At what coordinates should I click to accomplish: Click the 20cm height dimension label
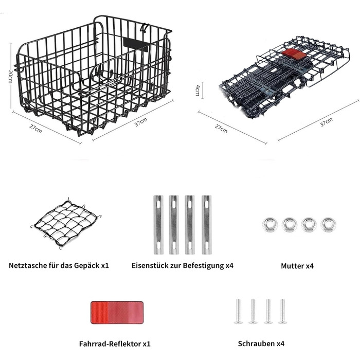10,77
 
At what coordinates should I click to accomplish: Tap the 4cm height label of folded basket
197,90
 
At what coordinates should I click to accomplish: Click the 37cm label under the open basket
141,122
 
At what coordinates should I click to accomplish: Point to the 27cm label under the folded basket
221,129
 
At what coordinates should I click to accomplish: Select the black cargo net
66,224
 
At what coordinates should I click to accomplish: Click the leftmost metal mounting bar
158,225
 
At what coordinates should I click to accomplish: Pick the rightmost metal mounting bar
206,225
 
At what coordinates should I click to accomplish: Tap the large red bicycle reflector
117,313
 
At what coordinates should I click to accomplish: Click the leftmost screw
238,311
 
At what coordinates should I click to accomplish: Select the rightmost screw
282,311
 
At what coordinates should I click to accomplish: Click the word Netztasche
28,266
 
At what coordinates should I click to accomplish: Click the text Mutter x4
297,266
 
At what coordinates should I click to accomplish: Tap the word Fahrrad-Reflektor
110,344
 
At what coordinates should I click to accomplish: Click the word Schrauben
256,344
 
